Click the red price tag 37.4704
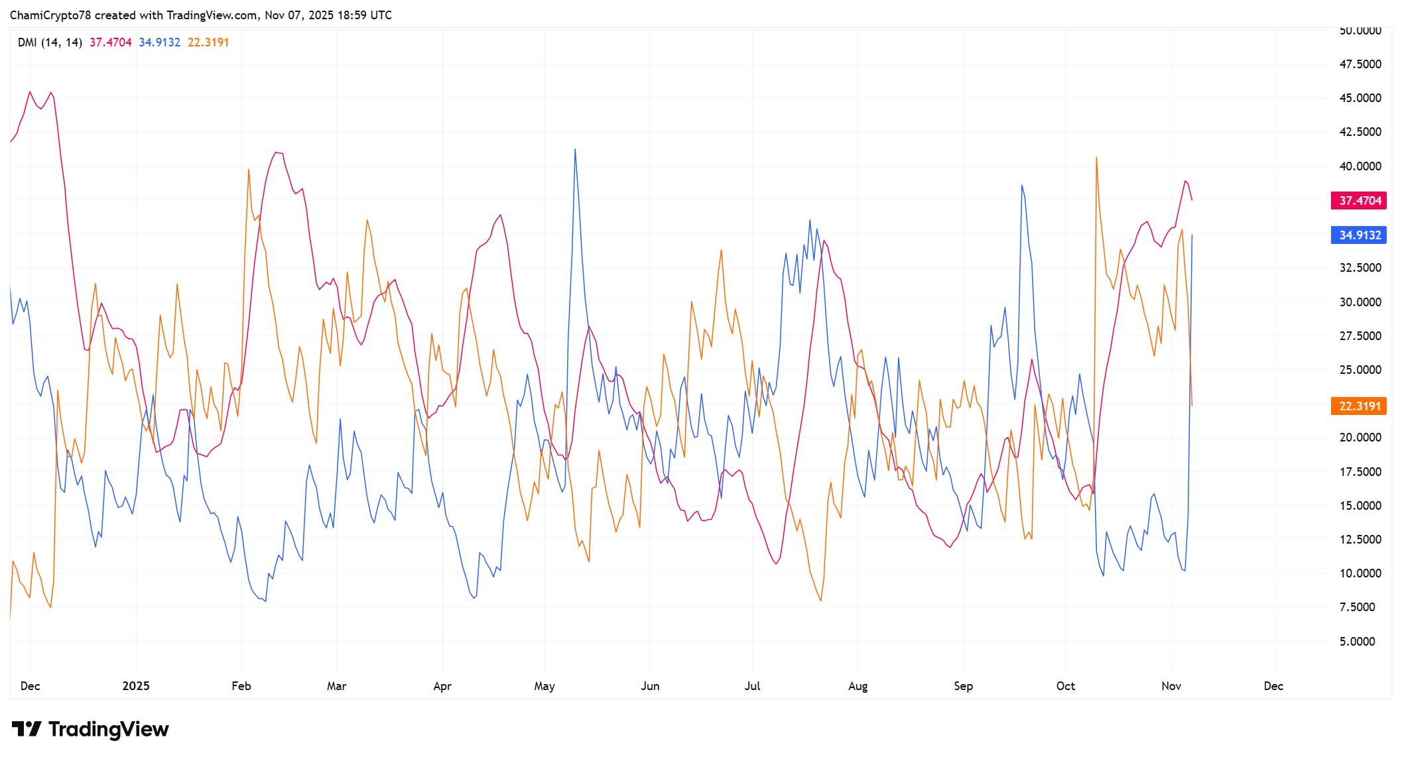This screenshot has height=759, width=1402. (x=1358, y=200)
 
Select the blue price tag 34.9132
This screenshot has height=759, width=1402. (x=1358, y=235)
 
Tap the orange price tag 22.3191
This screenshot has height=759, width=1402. (x=1358, y=406)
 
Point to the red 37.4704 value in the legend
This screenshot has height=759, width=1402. (x=110, y=42)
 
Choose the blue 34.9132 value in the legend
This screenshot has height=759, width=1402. (x=159, y=42)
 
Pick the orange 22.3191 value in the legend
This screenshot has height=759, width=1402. (x=208, y=42)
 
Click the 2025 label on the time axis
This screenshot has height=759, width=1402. (x=136, y=685)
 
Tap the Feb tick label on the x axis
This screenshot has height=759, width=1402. (x=241, y=685)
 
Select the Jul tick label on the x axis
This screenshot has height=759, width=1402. (x=752, y=685)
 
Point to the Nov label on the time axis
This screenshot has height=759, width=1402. (x=1171, y=685)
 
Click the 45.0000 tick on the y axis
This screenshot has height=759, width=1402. (x=1360, y=98)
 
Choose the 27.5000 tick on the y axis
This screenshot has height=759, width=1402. (x=1360, y=335)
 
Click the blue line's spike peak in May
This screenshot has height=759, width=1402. (x=575, y=150)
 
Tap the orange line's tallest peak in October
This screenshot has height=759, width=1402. (x=1096, y=158)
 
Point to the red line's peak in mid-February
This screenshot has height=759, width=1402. (x=276, y=153)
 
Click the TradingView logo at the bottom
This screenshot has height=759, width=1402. (x=90, y=729)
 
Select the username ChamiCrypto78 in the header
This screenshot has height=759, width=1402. (x=50, y=15)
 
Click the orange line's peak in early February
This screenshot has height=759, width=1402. (x=249, y=170)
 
